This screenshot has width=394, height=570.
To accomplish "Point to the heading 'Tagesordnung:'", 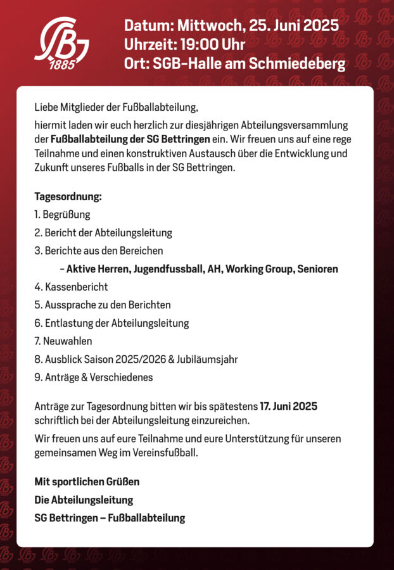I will (x=68, y=197).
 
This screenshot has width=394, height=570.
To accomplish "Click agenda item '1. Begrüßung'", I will (x=62, y=215).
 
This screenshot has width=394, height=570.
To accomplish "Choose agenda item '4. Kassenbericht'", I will (x=71, y=287).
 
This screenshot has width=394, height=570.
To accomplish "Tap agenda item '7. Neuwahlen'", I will (x=63, y=341).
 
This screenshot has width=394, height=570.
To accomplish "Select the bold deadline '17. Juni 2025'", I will (x=288, y=406).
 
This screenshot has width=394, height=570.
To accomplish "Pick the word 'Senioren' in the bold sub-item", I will (x=317, y=269).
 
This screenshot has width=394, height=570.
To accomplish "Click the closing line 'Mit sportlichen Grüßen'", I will (x=87, y=482).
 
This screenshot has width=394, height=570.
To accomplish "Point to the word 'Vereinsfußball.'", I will (x=166, y=452).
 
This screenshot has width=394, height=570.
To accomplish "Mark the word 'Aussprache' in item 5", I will (x=69, y=305).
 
